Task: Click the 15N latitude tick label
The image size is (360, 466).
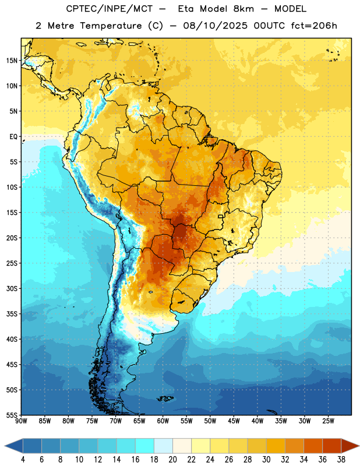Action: click(x=12, y=61)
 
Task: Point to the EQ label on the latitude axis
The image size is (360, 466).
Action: click(x=13, y=137)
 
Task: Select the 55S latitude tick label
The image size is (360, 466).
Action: click(x=12, y=415)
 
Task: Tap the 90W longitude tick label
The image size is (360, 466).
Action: click(x=21, y=421)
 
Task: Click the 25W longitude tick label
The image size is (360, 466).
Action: click(x=328, y=421)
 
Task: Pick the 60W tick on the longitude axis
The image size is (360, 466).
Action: click(x=163, y=421)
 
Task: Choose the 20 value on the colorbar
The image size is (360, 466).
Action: click(x=172, y=460)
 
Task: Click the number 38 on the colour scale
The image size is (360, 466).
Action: click(x=341, y=460)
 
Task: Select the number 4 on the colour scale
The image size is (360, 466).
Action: click(x=23, y=460)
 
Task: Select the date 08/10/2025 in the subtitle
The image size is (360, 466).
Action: click(x=215, y=26)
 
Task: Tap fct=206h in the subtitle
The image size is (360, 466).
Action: click(x=314, y=26)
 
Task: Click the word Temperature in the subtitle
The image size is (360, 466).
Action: click(x=111, y=26)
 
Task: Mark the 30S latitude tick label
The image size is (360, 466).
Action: click(x=12, y=288)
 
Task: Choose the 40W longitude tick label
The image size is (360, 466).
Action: click(x=257, y=421)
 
